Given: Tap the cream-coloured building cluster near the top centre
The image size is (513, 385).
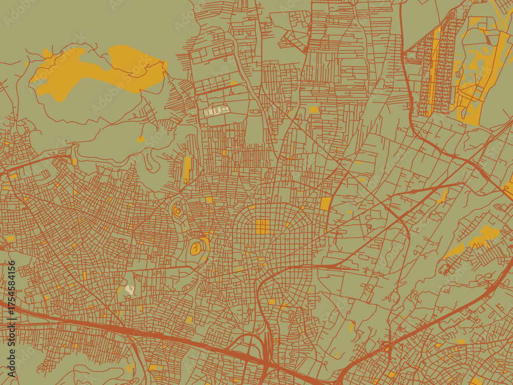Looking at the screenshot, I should (217, 110).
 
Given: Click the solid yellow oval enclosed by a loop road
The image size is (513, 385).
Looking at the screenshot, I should (195, 249).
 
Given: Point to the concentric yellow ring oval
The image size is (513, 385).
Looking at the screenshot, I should (178, 210).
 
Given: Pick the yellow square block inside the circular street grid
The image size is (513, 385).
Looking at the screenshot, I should (262, 226).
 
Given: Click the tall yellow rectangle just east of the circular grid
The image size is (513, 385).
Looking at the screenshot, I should (326, 204).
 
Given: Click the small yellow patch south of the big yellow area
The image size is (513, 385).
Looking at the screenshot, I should (141, 139).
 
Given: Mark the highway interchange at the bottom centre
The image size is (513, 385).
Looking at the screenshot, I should (264, 354).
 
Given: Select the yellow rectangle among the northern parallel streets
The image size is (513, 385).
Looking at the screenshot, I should (314, 109).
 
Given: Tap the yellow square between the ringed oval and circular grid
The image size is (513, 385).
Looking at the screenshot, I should (209, 200).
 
